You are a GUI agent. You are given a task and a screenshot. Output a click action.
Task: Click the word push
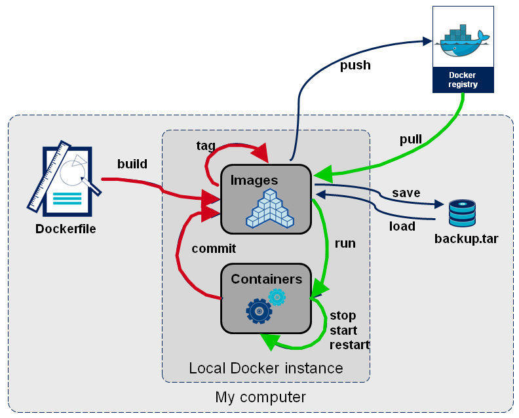355,66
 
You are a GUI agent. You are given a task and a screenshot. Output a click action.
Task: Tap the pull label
411,140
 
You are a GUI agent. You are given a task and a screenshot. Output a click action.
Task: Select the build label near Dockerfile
132,163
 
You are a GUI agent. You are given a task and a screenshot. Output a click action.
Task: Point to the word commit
214,248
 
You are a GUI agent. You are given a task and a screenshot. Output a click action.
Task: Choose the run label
345,243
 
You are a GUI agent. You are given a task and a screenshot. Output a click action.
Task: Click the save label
406,193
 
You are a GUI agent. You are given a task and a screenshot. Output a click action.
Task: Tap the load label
402,226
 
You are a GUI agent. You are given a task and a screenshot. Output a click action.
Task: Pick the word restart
349,345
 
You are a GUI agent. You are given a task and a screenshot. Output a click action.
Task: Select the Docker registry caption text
463,79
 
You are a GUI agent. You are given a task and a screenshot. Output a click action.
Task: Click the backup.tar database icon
462,214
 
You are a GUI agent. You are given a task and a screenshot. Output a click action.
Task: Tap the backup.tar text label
466,238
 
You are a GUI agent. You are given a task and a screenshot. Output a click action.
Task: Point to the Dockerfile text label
66,229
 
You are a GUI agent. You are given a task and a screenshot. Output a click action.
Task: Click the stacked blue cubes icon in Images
269,209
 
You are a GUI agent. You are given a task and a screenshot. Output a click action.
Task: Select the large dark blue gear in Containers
258,311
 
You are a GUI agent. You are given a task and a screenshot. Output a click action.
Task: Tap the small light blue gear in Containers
277,297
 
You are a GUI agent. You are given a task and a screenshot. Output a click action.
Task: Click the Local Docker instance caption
265,368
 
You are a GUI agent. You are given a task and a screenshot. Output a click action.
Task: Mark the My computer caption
260,397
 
